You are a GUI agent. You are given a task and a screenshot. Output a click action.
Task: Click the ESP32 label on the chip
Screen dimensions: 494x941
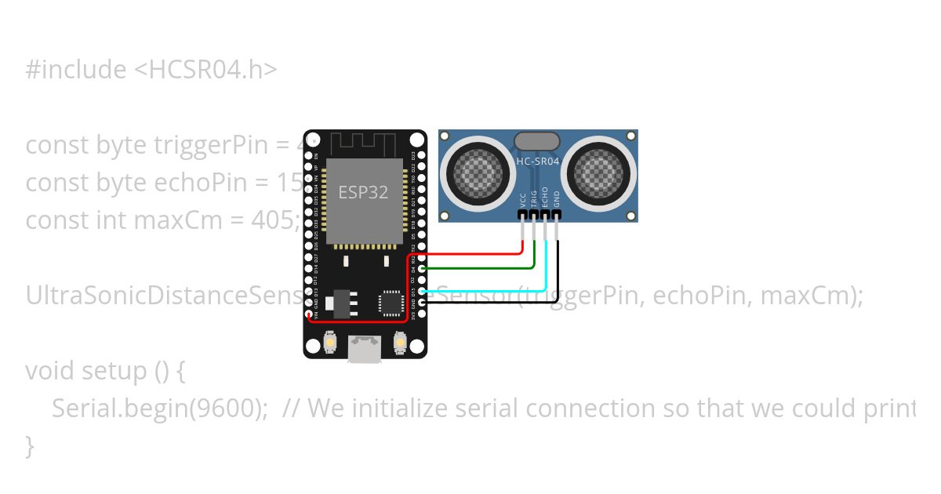(x=363, y=192)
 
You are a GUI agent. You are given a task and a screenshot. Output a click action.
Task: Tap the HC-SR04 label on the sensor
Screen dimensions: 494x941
(x=537, y=162)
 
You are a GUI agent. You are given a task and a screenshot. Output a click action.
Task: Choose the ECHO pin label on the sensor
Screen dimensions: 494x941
(x=545, y=197)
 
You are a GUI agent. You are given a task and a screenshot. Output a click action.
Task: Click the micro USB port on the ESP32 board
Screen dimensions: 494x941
(x=365, y=348)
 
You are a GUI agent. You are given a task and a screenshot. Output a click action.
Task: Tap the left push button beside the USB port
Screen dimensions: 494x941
(x=331, y=343)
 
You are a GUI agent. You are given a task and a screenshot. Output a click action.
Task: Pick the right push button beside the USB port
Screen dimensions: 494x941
(x=400, y=343)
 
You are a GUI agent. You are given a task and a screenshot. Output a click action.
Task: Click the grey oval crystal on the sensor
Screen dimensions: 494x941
(x=537, y=141)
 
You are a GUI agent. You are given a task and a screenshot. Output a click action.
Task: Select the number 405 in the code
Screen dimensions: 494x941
(x=274, y=220)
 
